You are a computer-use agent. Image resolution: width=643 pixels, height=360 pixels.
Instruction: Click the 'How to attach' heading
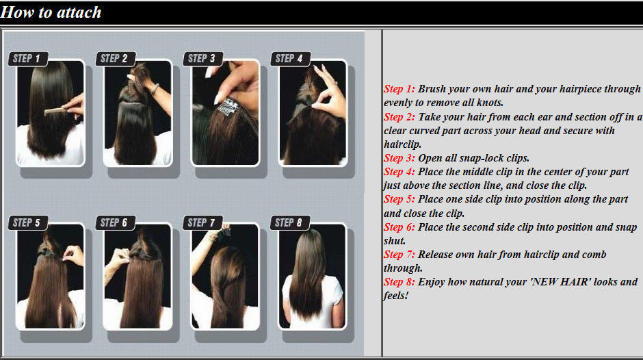click(51, 12)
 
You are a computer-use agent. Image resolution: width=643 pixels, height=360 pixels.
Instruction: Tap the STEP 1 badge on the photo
click(28, 59)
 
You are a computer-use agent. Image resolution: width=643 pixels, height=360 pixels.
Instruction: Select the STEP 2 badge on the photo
click(115, 59)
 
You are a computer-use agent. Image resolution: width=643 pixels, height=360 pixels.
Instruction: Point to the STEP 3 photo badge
click(202, 59)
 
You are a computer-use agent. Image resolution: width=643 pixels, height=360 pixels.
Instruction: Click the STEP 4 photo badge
click(290, 59)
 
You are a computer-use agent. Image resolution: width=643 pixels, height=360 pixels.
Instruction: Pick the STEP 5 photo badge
click(28, 223)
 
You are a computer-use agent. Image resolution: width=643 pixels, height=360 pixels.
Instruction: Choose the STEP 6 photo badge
click(115, 223)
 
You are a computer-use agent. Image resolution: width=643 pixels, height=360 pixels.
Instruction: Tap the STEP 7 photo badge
click(202, 223)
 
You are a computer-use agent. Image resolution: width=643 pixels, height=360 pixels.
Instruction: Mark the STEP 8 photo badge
click(290, 223)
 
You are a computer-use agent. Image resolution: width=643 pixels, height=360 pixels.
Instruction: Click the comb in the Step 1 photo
click(57, 110)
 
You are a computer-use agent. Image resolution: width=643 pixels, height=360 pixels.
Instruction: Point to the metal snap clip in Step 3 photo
click(228, 106)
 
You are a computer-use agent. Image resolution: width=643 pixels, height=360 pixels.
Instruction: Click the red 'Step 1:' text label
click(399, 89)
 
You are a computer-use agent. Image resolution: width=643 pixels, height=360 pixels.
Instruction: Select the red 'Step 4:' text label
click(399, 172)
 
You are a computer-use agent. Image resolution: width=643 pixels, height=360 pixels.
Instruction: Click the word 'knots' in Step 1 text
click(488, 103)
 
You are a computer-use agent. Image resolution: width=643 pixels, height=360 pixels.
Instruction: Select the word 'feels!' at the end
click(396, 296)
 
